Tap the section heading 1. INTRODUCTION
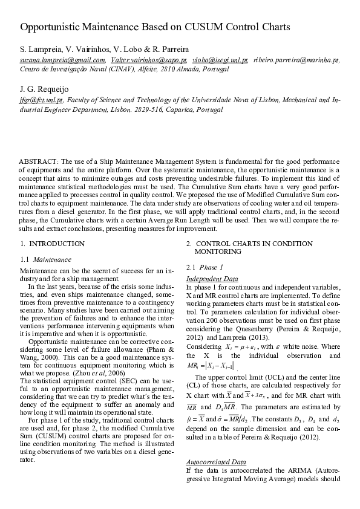point(52,244)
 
